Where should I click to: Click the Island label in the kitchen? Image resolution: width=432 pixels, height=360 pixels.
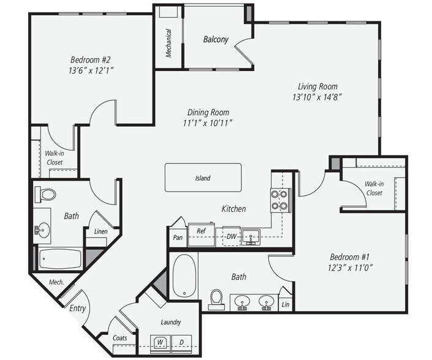[x=203, y=178]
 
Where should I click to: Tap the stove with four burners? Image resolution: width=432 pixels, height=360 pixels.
[x=279, y=200]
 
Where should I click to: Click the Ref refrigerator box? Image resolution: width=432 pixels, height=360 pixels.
[x=200, y=231]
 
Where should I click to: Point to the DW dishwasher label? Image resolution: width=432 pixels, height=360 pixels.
[x=231, y=236]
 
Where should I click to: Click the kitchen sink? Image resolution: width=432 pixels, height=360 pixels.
[x=251, y=235]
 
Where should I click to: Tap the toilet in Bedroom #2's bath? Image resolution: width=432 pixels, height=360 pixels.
[x=46, y=195]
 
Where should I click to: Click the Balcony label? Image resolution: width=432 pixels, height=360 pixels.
[x=216, y=40]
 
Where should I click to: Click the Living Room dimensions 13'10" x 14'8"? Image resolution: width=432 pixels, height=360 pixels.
[x=317, y=97]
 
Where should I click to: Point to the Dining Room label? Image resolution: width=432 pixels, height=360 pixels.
[x=208, y=112]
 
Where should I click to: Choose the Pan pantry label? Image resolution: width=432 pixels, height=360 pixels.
[x=178, y=236]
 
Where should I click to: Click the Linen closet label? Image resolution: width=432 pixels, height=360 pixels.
[x=100, y=231]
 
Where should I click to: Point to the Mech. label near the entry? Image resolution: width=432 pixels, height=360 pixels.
[x=57, y=283]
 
